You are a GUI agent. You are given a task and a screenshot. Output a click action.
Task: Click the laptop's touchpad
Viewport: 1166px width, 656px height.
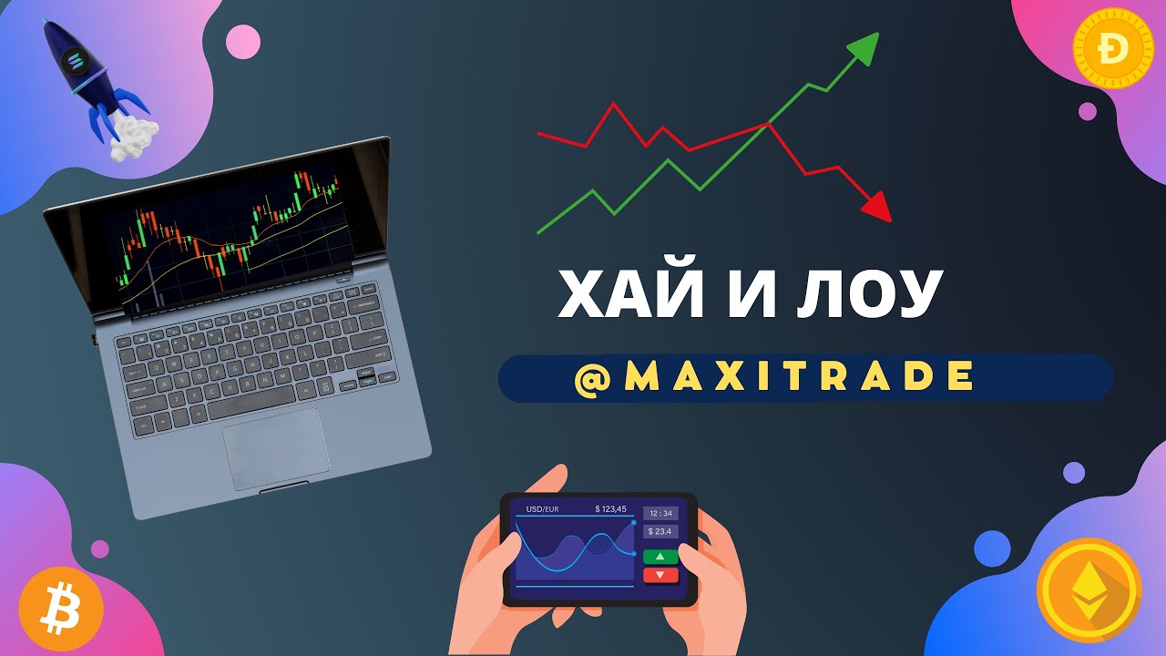(x=276, y=449)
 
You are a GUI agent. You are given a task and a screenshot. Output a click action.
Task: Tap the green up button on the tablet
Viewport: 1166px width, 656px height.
(x=660, y=556)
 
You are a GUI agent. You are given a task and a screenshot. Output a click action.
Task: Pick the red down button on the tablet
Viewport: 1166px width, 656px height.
(x=660, y=575)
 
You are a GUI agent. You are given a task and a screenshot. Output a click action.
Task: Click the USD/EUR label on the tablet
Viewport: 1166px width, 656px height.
(x=543, y=508)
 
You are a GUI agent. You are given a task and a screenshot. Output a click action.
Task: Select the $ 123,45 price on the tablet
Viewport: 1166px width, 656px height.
(x=610, y=508)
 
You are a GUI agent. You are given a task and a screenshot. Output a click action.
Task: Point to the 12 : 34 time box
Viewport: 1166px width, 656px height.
(x=660, y=513)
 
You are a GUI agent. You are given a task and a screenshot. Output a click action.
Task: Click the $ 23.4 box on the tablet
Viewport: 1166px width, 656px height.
(x=660, y=531)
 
